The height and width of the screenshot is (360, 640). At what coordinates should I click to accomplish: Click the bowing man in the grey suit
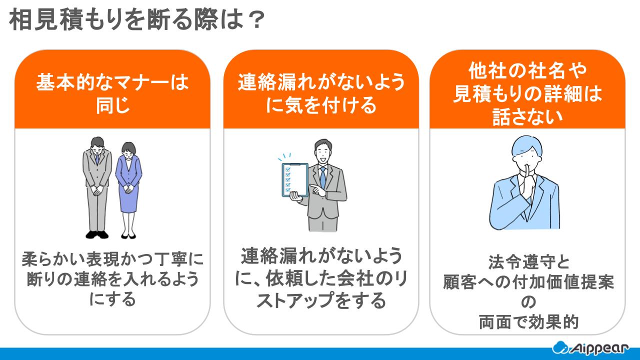coord(96,185)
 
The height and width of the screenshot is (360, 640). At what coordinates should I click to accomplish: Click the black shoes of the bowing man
coord(96,234)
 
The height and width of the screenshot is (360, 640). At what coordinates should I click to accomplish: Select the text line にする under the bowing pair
coord(112,300)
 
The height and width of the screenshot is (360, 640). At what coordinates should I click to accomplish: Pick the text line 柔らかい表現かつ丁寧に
coord(112,260)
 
